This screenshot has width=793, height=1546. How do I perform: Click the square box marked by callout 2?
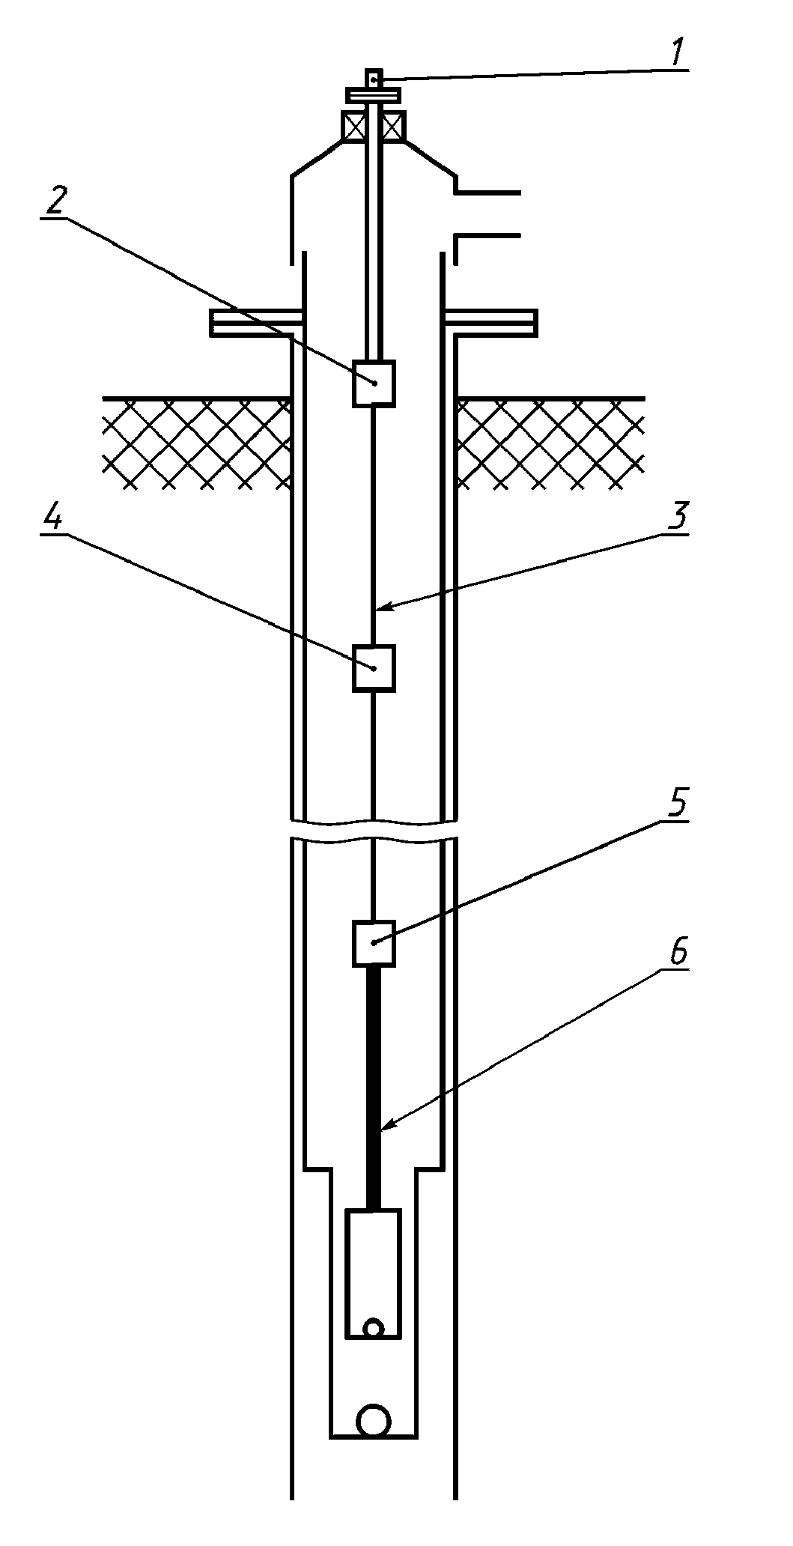pos(374,383)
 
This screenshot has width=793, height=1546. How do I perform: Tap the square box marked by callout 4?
pos(374,668)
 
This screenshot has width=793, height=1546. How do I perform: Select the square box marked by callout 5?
pos(374,943)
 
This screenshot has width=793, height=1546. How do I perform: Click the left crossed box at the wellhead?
pos(353,126)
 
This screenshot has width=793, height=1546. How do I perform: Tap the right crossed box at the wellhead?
pos(394,126)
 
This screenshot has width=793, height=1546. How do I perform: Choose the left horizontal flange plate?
pos(256,322)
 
